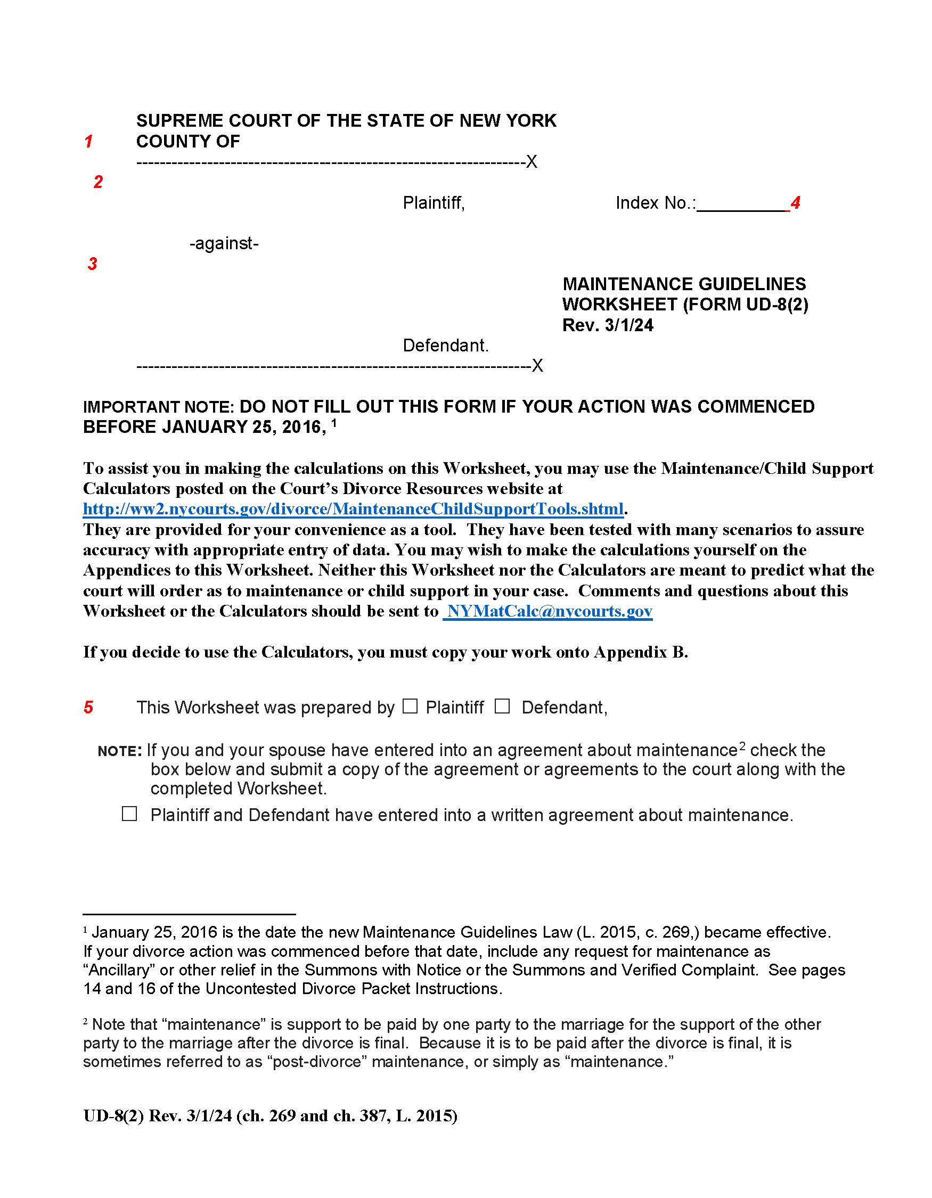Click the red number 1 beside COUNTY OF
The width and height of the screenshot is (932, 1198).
pyautogui.click(x=88, y=142)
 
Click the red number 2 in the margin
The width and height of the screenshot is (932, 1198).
pyautogui.click(x=98, y=182)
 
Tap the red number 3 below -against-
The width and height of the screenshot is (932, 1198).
pyautogui.click(x=93, y=264)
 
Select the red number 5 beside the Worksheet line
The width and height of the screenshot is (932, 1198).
pyautogui.click(x=88, y=708)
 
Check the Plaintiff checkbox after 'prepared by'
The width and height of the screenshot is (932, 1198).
pyautogui.click(x=410, y=707)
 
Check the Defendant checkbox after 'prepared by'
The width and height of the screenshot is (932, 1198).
pyautogui.click(x=502, y=707)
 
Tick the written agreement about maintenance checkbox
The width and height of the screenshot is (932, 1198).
pyautogui.click(x=129, y=814)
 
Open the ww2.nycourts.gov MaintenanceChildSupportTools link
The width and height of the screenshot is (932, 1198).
pyautogui.click(x=353, y=509)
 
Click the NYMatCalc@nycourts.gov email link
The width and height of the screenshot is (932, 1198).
pyautogui.click(x=547, y=611)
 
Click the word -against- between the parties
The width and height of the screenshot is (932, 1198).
pyautogui.click(x=224, y=243)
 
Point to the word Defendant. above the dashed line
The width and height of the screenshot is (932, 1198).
pyautogui.click(x=445, y=346)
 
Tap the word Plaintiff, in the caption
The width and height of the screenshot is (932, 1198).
pyautogui.click(x=434, y=203)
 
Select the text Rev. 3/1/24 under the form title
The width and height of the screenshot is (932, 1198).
pyautogui.click(x=608, y=325)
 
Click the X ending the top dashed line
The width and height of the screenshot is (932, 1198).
pyautogui.click(x=532, y=162)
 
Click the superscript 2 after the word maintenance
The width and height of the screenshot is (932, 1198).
pyautogui.click(x=742, y=746)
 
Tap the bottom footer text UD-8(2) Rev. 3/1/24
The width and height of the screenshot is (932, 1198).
pyautogui.click(x=158, y=1116)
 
